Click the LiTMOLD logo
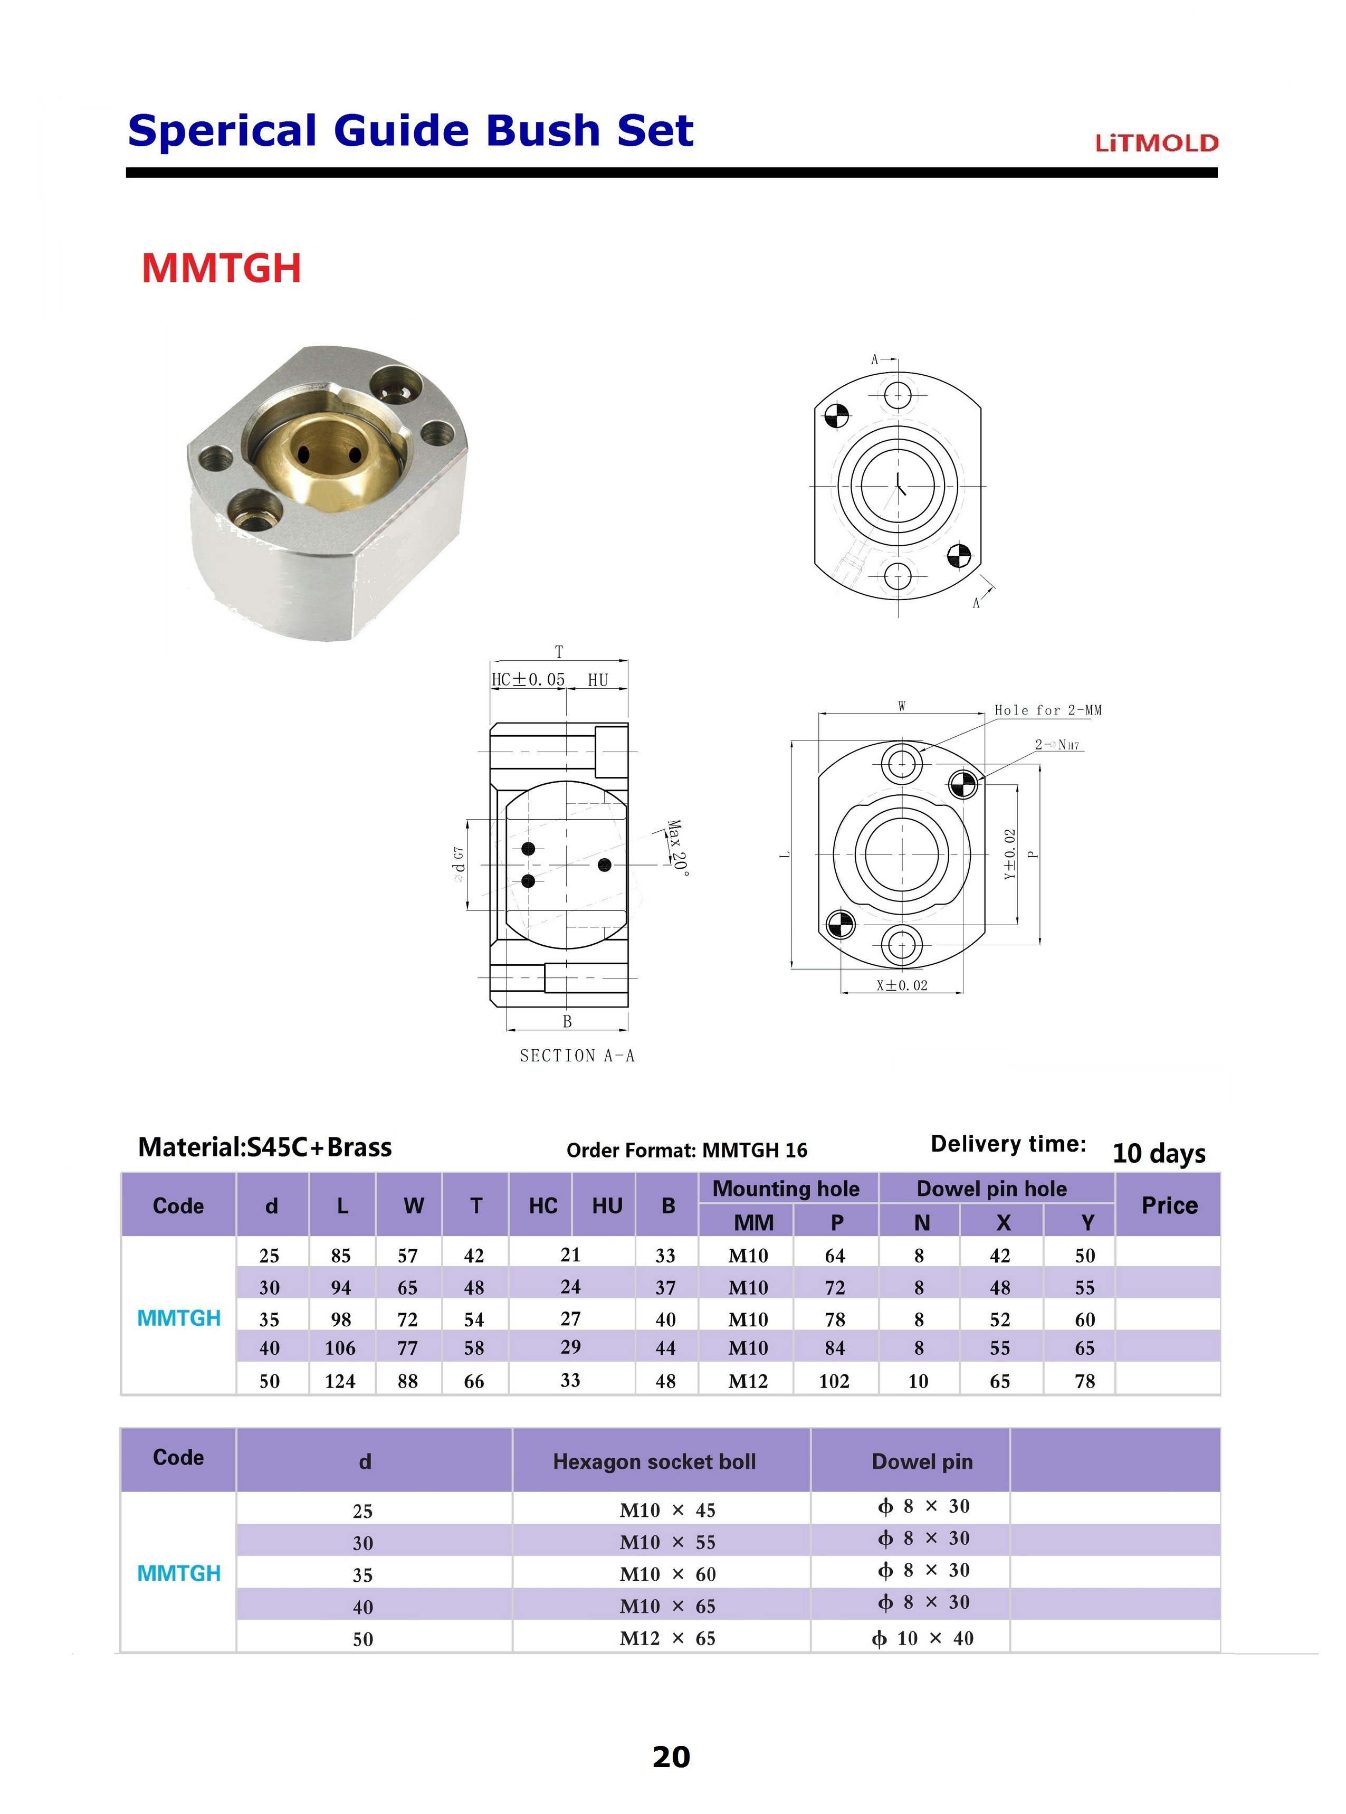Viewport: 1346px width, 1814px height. [1156, 144]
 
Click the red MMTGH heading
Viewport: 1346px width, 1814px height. [222, 268]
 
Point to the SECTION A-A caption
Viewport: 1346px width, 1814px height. [577, 1056]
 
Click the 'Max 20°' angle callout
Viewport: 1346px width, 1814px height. [677, 848]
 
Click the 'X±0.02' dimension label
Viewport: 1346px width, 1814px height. [902, 985]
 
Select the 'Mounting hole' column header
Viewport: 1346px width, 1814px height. [786, 1188]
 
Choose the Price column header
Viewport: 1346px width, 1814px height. [1168, 1205]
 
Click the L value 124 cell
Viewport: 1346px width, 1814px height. [340, 1381]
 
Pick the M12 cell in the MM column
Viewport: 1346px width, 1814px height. [748, 1381]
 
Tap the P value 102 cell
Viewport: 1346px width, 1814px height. [834, 1381]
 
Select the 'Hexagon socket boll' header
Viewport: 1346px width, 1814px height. [654, 1461]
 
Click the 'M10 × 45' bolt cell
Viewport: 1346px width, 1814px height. [667, 1510]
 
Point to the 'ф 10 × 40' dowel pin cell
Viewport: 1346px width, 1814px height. [922, 1638]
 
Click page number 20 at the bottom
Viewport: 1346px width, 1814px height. [671, 1756]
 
